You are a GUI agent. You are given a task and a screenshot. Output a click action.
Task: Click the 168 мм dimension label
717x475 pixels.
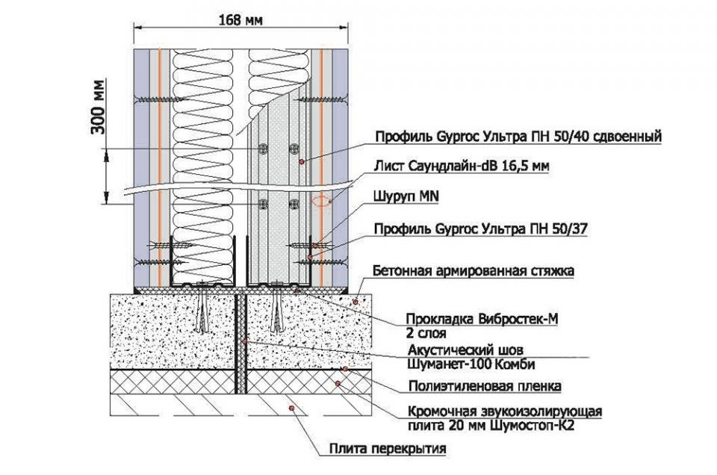coord(240,21)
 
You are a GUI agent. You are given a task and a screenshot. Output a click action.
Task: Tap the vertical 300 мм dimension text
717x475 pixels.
coord(97,107)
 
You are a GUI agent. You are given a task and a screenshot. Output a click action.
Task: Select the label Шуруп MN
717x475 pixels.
coord(406,197)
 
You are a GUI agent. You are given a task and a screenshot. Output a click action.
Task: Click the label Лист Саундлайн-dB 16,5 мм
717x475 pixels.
coord(462,166)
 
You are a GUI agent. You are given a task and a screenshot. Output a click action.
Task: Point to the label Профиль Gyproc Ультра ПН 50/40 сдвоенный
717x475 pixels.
coord(518,136)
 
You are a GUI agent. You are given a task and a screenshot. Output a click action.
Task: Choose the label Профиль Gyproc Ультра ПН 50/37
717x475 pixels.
coord(480,229)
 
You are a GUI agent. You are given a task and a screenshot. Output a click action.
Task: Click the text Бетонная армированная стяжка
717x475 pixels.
coord(474,270)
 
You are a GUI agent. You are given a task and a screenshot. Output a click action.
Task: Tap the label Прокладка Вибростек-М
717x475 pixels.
coord(482,319)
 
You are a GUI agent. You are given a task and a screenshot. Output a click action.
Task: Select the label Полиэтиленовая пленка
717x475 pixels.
coord(485,386)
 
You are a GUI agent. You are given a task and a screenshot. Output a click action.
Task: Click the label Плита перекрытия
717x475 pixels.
coord(388,449)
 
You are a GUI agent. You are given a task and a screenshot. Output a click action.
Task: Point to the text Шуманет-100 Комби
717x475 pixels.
coord(471,364)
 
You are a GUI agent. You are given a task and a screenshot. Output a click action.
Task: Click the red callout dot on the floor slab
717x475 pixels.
coord(291,407)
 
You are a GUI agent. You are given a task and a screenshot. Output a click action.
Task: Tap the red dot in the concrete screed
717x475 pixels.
coord(356,301)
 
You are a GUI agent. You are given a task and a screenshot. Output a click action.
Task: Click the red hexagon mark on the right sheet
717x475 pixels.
coord(321,200)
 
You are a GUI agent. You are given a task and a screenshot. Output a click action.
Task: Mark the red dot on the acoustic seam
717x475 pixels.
coord(245,341)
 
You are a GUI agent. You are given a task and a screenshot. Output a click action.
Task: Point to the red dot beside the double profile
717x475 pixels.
coord(301,162)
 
